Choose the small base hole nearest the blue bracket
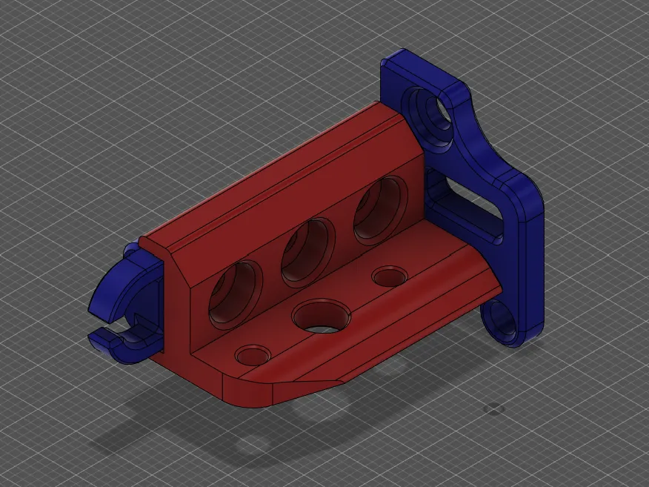point(388,278)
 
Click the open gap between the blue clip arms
point(111,325)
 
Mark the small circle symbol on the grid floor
point(493,408)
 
